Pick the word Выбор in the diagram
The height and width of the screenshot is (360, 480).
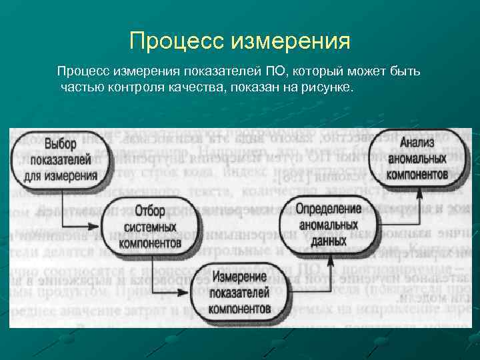(61, 144)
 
